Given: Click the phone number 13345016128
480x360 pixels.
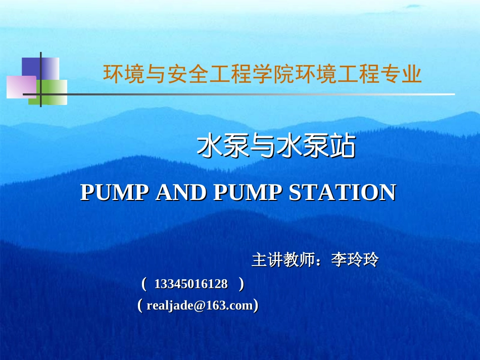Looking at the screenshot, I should click(191, 284).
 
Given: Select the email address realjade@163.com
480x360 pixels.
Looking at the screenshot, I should click(199, 305).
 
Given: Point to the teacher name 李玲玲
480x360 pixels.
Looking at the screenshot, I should click(355, 261).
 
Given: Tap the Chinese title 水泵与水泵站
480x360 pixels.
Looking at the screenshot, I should click(276, 147).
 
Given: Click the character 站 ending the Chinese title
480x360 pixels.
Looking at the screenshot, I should click(343, 147).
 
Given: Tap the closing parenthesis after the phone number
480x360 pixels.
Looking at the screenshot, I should click(241, 284).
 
